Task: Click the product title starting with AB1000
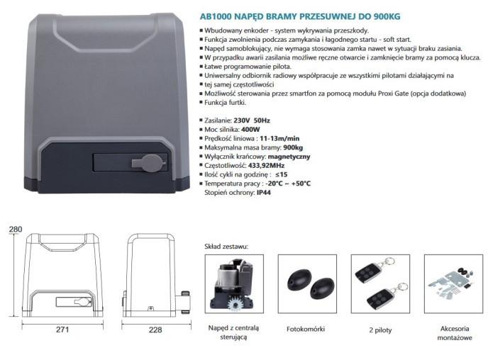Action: tap(300, 16)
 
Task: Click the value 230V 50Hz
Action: tap(252, 120)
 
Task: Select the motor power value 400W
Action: tap(250, 130)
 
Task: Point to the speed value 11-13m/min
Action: tap(279, 138)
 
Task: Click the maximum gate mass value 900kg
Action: tap(293, 147)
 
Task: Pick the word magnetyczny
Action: tap(289, 157)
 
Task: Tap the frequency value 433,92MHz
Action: tap(266, 166)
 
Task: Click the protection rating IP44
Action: tap(264, 193)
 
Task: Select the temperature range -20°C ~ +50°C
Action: tap(288, 184)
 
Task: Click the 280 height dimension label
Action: tap(16, 230)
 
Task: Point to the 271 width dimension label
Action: tap(62, 330)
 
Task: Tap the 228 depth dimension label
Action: tap(155, 330)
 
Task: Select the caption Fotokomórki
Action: tap(306, 330)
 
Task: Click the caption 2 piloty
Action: tap(380, 330)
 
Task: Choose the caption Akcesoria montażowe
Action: tap(455, 333)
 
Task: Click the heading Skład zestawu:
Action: tap(226, 247)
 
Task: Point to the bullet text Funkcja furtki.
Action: tap(225, 103)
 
